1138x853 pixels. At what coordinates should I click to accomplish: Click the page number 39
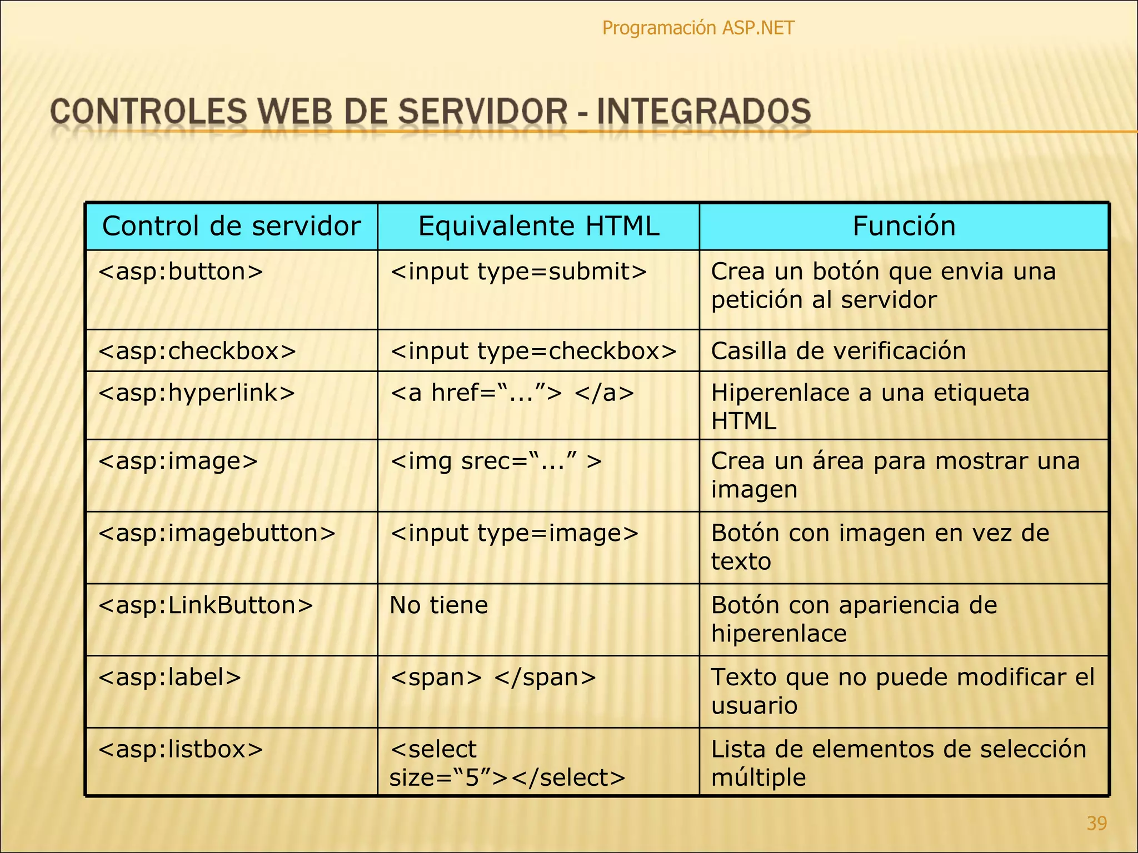coord(1096,823)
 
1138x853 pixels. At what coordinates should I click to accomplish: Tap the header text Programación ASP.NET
coord(698,28)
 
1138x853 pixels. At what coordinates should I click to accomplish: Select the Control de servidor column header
coord(231,226)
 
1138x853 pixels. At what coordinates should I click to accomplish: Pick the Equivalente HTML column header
coord(538,226)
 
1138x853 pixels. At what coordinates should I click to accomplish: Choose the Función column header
coord(904,226)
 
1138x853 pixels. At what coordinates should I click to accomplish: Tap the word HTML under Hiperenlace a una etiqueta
coord(743,421)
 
